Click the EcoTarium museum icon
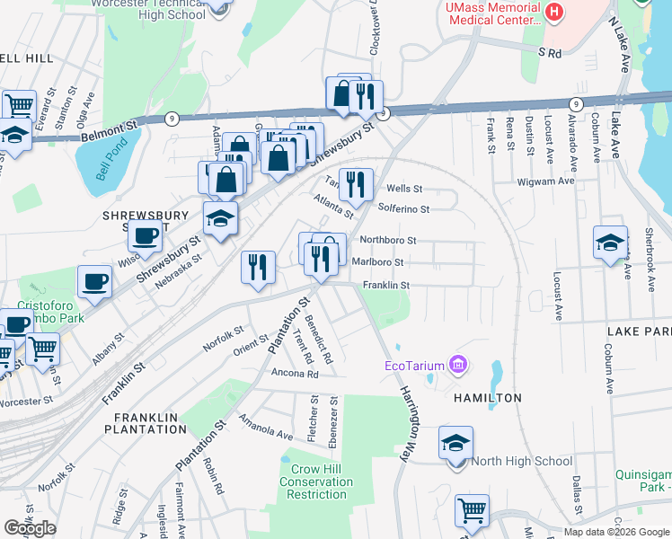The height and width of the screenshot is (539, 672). [459, 365]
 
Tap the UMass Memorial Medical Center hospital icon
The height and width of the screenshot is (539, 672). [554, 13]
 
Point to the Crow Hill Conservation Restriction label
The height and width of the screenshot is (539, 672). [315, 482]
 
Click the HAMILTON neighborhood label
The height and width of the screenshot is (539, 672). [488, 397]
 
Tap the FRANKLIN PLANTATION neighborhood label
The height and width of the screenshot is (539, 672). [151, 423]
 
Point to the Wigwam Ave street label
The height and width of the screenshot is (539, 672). [545, 181]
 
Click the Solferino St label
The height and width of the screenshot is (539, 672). [403, 208]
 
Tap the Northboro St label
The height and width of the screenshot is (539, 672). [387, 240]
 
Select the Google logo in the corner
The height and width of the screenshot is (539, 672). [30, 528]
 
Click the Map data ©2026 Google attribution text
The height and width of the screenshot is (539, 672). [616, 532]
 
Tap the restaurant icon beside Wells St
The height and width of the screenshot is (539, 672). [356, 184]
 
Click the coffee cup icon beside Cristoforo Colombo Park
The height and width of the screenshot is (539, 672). [94, 282]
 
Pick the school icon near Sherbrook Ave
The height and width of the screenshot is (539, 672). [610, 243]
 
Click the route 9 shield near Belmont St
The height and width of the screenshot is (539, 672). [172, 119]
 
